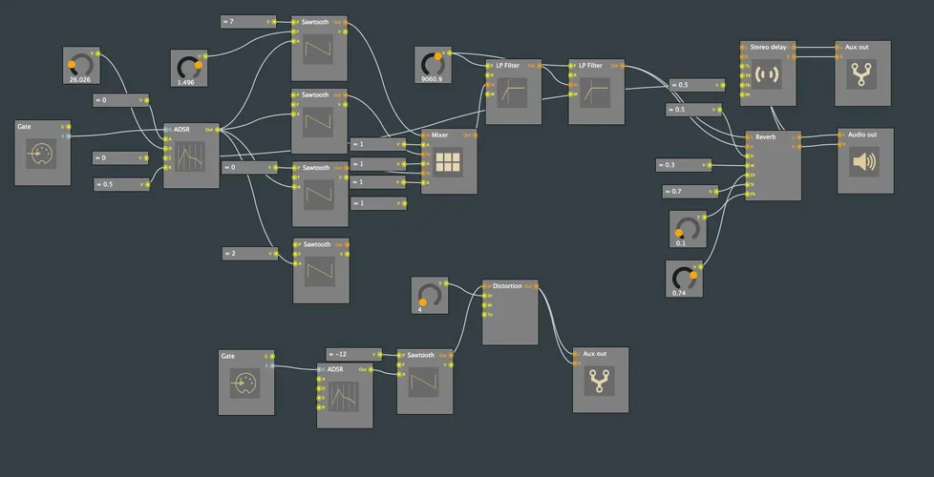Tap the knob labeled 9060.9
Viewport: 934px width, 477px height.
(x=433, y=64)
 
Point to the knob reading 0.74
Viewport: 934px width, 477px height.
(x=684, y=278)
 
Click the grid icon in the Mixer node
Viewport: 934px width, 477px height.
(x=447, y=163)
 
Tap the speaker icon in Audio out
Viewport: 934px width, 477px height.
(x=863, y=162)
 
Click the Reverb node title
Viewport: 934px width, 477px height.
(x=766, y=136)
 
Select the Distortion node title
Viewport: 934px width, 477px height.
(x=507, y=285)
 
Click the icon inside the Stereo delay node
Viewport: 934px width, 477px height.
(x=767, y=74)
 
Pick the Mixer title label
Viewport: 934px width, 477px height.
(x=439, y=135)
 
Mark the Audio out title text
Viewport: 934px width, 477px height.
(x=861, y=135)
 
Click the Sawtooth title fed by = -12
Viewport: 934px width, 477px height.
(x=420, y=355)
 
